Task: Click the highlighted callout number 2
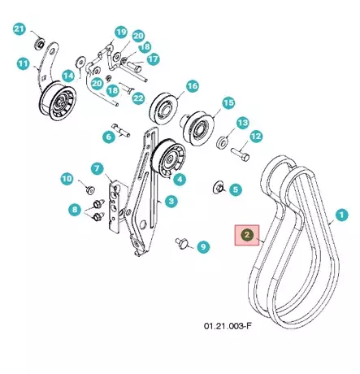247,235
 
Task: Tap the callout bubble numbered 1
341,215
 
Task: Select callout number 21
20,28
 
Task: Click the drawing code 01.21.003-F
228,325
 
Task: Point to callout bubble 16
193,86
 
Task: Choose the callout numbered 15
228,103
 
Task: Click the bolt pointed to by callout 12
241,154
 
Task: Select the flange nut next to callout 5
218,187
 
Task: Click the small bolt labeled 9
180,241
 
